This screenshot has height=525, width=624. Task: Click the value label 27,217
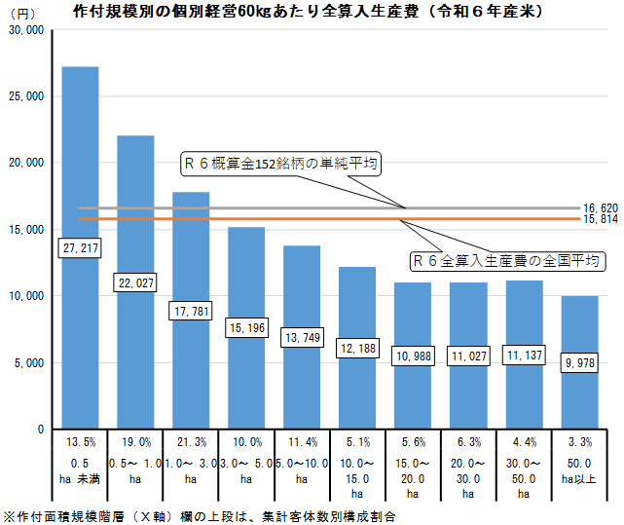coord(80,249)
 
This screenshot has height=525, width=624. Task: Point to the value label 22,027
coord(135,283)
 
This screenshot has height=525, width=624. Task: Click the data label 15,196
coord(246,328)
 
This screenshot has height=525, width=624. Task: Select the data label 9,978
coord(580,363)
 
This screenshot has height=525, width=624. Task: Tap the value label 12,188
coord(357,348)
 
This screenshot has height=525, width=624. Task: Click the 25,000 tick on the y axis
coord(25,96)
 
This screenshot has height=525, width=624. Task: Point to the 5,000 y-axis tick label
coord(28,362)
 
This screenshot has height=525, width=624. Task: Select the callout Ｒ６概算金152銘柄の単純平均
coord(281,164)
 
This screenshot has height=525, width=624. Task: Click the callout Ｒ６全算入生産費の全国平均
coord(506,261)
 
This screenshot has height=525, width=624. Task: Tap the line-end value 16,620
coord(601,208)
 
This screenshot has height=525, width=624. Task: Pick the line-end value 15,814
coord(601,220)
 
